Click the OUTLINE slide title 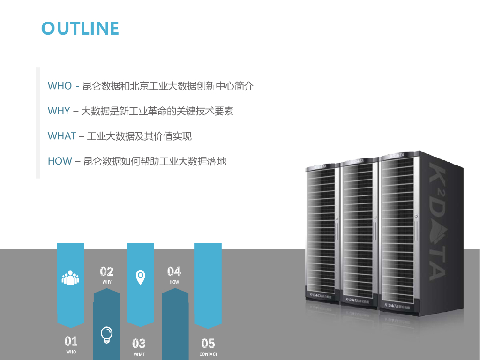coord(80,28)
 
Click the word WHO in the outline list coord(60,86)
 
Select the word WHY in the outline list coord(59,111)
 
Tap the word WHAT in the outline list coord(61,136)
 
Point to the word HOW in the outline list coord(60,161)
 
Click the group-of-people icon coord(70,277)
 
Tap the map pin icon coord(140,277)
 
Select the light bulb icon coord(107,335)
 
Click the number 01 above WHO coord(71,341)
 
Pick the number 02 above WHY coord(107,271)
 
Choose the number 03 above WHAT coord(139,344)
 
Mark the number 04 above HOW coord(174,271)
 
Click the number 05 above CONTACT coord(208,344)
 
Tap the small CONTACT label coord(208,354)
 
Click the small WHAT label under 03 coord(139,354)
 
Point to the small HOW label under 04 coord(174,282)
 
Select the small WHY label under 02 coord(107,282)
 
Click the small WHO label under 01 coord(71,352)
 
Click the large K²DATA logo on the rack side coord(437,220)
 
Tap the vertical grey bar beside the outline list coord(38,123)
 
